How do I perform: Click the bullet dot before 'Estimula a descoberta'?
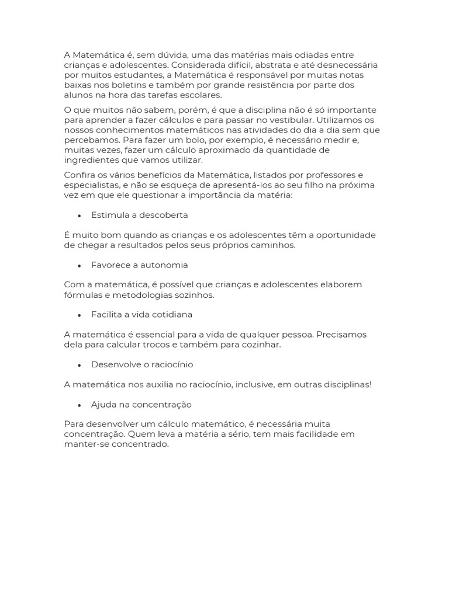pos(79,215)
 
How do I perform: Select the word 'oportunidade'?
pos(347,235)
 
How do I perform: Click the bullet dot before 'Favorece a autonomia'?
pos(79,265)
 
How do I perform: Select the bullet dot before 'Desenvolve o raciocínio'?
pos(79,365)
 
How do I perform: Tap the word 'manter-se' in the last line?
pos(85,444)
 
